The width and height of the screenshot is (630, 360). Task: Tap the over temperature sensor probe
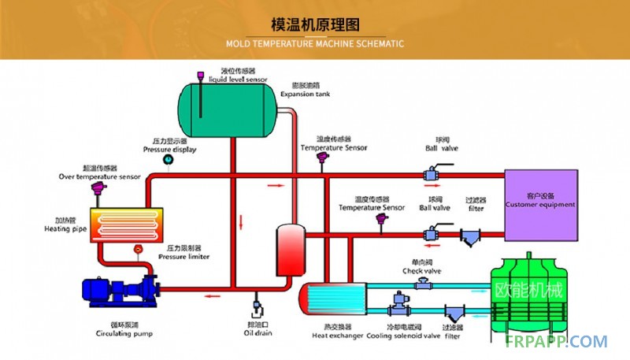point(98,191)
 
